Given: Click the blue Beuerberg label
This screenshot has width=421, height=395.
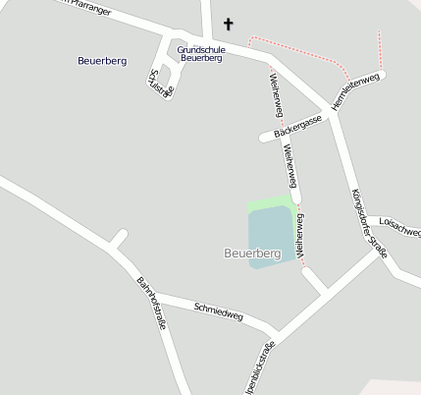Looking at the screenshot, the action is pos(102,61).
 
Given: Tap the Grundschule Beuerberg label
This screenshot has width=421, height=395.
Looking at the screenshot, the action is pos(200,54).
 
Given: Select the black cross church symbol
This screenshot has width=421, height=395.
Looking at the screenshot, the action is pos(230,24).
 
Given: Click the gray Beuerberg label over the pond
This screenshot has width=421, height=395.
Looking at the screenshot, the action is pos(252,254).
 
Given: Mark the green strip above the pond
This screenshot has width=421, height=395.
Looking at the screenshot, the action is pos(271,203).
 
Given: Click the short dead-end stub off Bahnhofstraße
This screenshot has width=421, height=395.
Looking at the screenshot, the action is pos(118,238).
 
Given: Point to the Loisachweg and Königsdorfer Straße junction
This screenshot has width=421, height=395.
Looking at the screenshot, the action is pos(379,251).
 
